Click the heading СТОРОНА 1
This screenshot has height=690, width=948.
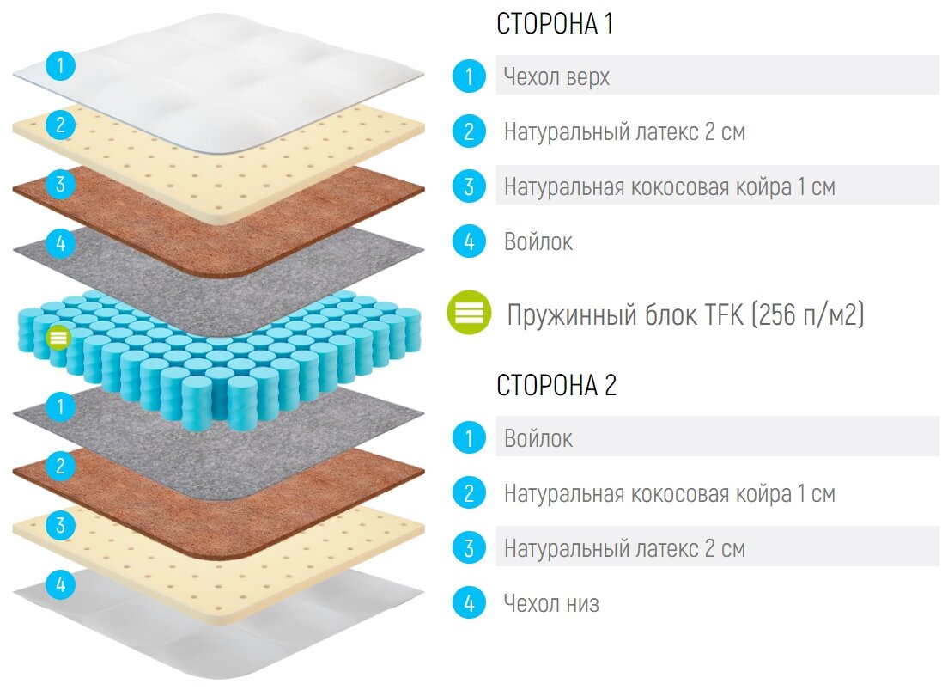point(555,24)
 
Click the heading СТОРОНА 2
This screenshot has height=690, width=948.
point(556,386)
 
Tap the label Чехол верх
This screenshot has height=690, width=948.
point(556,76)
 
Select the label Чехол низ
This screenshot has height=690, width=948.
point(551,603)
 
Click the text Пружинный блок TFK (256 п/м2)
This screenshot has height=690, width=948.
point(685,315)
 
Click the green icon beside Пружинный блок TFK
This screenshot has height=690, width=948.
point(469,313)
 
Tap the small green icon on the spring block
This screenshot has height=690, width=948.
point(58,337)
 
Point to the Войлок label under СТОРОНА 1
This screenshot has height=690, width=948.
point(538,242)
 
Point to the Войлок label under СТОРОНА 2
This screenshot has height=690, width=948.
point(538,439)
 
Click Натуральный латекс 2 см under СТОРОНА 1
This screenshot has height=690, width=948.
point(624,132)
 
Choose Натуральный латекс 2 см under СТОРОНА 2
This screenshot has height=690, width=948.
point(624,548)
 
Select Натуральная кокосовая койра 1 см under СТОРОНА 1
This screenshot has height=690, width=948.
point(669,186)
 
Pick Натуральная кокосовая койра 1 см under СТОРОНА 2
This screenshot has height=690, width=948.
point(669,494)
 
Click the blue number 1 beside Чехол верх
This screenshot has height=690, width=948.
point(469,76)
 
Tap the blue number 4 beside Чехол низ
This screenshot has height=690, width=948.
point(469,603)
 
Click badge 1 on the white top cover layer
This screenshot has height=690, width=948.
point(60,64)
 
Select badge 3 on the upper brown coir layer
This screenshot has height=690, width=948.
point(60,184)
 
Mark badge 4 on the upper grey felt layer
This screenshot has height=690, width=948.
point(60,244)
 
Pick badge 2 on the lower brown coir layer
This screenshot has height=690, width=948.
point(60,467)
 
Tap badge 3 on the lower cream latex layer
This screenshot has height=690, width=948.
point(60,525)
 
